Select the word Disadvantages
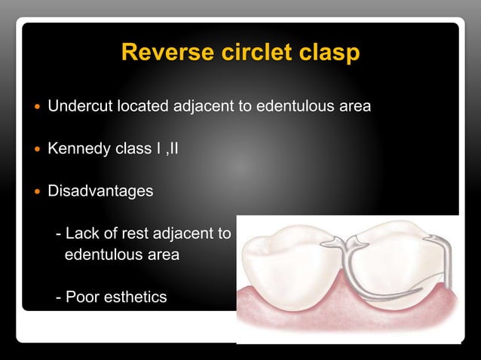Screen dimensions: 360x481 pyautogui.click(x=100, y=191)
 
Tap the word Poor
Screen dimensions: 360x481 pyautogui.click(x=83, y=297)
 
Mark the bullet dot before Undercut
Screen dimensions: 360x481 pyautogui.click(x=35, y=107)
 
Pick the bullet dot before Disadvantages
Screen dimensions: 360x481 pyautogui.click(x=35, y=191)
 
